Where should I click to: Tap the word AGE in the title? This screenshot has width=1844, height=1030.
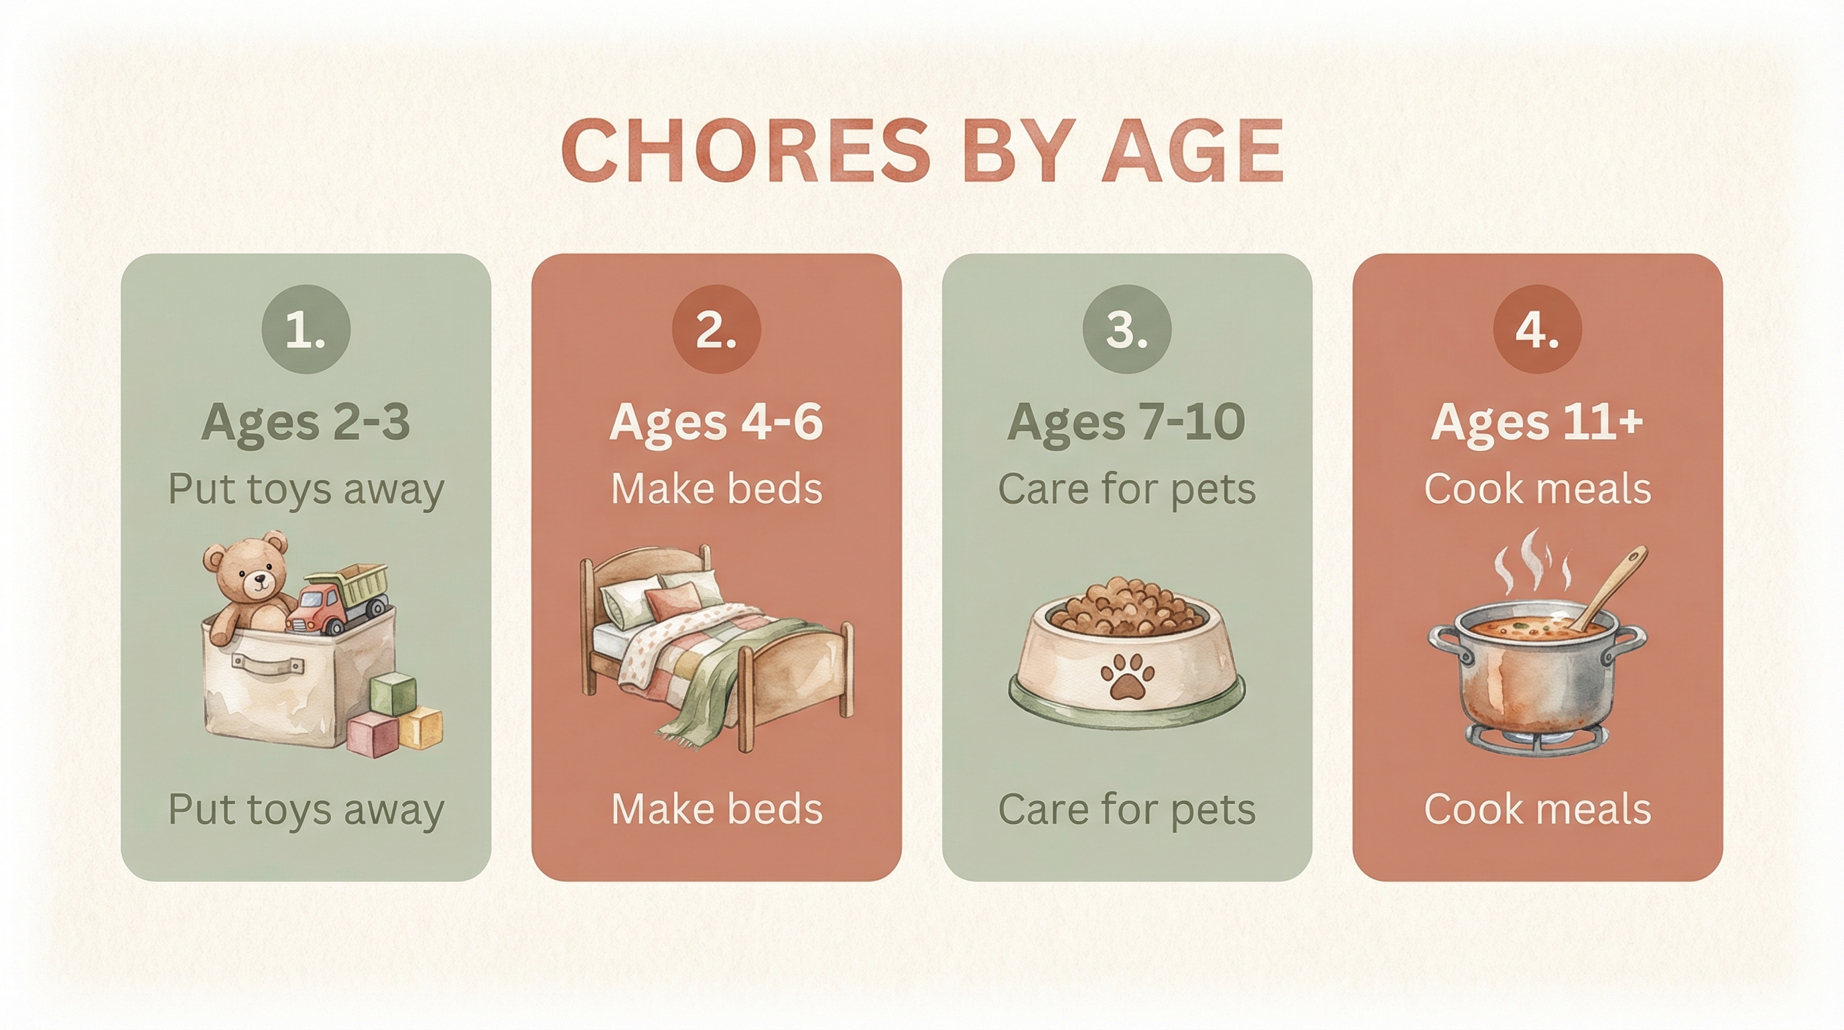click(x=1193, y=152)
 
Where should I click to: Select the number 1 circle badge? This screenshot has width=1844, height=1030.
click(x=306, y=329)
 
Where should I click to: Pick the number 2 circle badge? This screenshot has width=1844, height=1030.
click(x=716, y=329)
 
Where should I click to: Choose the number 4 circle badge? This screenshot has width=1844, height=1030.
click(x=1537, y=329)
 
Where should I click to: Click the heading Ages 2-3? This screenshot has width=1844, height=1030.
click(x=306, y=422)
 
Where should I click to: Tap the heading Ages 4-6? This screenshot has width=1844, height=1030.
click(x=716, y=422)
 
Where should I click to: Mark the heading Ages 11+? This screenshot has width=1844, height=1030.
click(x=1537, y=422)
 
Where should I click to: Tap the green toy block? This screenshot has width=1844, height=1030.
click(x=393, y=693)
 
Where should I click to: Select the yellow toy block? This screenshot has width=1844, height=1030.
click(x=421, y=727)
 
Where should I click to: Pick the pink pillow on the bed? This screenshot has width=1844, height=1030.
click(x=673, y=600)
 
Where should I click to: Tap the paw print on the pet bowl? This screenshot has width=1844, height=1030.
click(x=1127, y=677)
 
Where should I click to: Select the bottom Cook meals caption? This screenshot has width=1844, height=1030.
click(x=1537, y=809)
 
